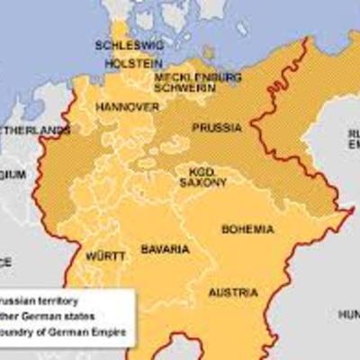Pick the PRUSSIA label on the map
click(216, 129)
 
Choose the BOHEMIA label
click(248, 229)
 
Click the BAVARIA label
click(163, 247)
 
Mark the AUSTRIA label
click(232, 292)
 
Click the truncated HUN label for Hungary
click(347, 314)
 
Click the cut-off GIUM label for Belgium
click(13, 173)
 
